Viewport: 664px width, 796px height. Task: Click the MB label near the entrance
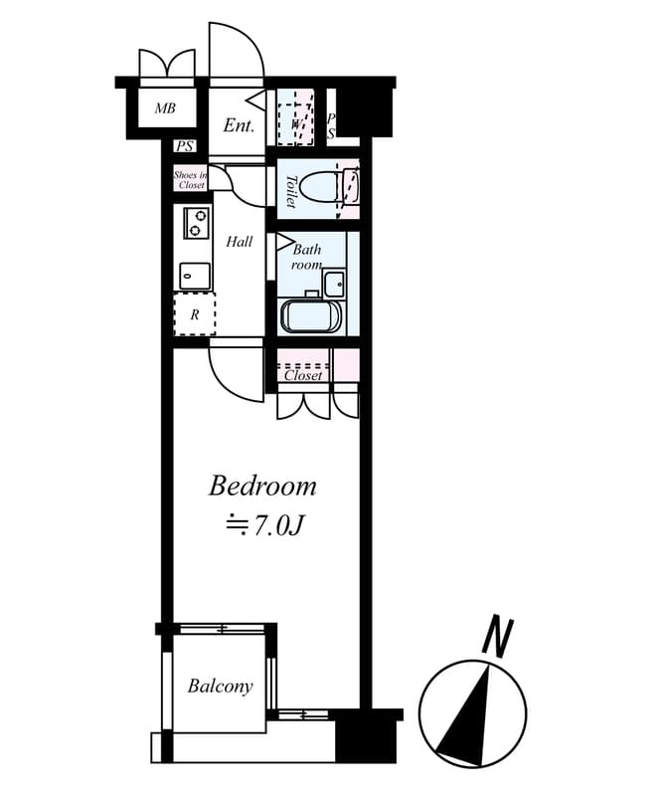[165, 107]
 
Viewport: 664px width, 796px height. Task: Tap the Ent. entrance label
[239, 126]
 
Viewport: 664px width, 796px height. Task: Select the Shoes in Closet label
[190, 180]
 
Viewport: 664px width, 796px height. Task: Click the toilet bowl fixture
[321, 186]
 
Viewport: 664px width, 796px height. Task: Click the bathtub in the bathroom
[312, 317]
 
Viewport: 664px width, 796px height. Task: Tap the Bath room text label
[306, 258]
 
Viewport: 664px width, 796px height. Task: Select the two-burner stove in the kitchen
[196, 222]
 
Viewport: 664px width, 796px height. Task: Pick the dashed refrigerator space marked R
[195, 314]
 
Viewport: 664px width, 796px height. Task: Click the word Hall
[239, 242]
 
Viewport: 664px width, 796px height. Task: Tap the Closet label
[303, 375]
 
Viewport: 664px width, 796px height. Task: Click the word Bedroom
[262, 487]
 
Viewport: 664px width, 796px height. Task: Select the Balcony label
[220, 687]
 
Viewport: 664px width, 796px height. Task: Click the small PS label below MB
[185, 147]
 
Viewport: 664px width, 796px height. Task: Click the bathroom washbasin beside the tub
[334, 283]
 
